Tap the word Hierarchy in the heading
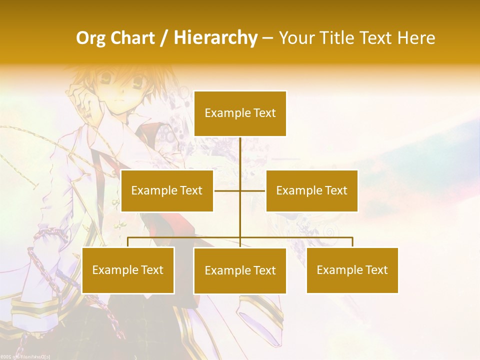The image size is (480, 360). [215, 38]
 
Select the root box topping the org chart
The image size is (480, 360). [240, 113]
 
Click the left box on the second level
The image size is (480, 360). [167, 190]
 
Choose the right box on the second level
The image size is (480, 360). [311, 190]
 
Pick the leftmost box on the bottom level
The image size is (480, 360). [128, 270]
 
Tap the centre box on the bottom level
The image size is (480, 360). [240, 270]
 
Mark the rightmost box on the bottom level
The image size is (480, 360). [352, 270]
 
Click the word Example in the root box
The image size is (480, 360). [227, 113]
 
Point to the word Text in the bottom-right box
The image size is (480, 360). [375, 270]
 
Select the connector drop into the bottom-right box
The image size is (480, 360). [352, 242]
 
